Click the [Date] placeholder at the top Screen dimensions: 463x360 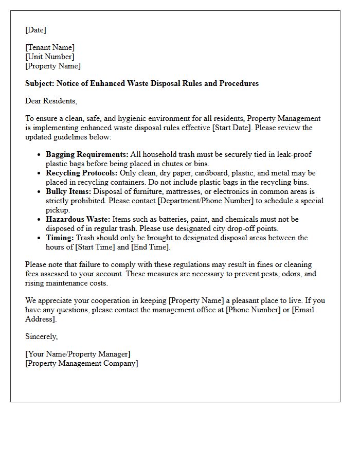pyautogui.click(x=35, y=30)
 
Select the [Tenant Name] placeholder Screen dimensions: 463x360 pyautogui.click(x=50, y=47)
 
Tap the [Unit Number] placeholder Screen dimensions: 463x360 pyautogui.click(x=49, y=57)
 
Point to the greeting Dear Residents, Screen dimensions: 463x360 pyautogui.click(x=51, y=101)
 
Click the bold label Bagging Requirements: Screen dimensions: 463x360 pyautogui.click(x=87, y=154)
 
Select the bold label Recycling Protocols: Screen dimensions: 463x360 pyautogui.click(x=82, y=173)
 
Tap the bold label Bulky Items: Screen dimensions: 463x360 pyautogui.click(x=68, y=191)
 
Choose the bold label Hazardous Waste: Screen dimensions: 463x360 pyautogui.click(x=78, y=219)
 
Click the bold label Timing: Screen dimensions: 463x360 pyautogui.click(x=60, y=238)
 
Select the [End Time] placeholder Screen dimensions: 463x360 pyautogui.click(x=150, y=247)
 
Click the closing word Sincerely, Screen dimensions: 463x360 pyautogui.click(x=42, y=336)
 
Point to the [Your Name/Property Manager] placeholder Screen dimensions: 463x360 pyautogui.click(x=78, y=354)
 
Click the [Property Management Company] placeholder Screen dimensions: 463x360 pyautogui.click(x=82, y=363)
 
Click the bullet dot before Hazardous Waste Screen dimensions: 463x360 pyautogui.click(x=40, y=220)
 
